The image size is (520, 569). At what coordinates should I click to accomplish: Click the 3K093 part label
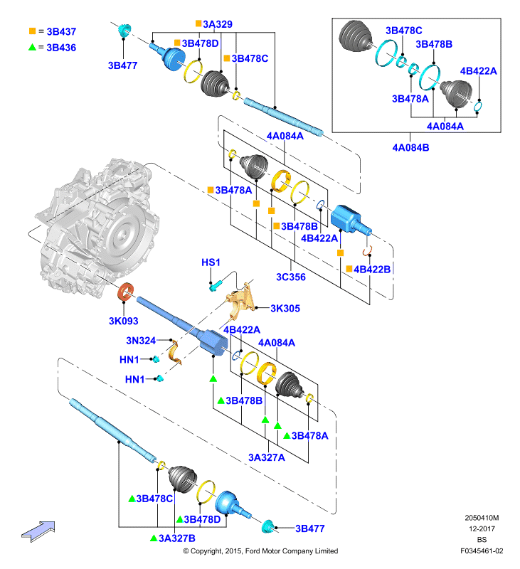(x=123, y=321)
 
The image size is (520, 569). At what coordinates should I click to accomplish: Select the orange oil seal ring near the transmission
(x=126, y=292)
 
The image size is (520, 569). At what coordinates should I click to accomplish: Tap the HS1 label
(x=211, y=262)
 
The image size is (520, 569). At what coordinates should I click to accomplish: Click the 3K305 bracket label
(x=285, y=309)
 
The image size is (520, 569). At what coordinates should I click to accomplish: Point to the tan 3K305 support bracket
(x=241, y=302)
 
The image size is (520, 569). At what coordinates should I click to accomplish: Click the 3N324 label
(x=141, y=341)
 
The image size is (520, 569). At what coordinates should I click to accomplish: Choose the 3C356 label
(x=291, y=277)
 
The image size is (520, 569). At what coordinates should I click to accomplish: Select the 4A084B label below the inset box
(x=410, y=148)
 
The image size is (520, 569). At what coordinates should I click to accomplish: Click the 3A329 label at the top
(x=218, y=24)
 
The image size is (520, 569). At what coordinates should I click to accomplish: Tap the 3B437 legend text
(x=61, y=31)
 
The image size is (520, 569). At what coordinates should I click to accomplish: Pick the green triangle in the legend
(x=32, y=47)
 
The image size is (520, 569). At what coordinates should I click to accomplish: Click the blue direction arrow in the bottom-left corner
(x=38, y=531)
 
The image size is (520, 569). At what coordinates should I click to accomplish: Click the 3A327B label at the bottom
(x=176, y=538)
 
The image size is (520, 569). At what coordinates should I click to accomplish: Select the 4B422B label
(x=372, y=270)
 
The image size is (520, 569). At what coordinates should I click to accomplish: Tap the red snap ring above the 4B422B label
(x=368, y=250)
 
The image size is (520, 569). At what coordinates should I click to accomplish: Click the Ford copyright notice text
(x=260, y=551)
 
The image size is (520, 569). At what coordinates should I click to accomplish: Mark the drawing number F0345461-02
(x=482, y=551)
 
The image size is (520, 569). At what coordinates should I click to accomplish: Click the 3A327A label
(x=267, y=457)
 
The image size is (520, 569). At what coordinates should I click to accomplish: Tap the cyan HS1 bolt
(x=214, y=287)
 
